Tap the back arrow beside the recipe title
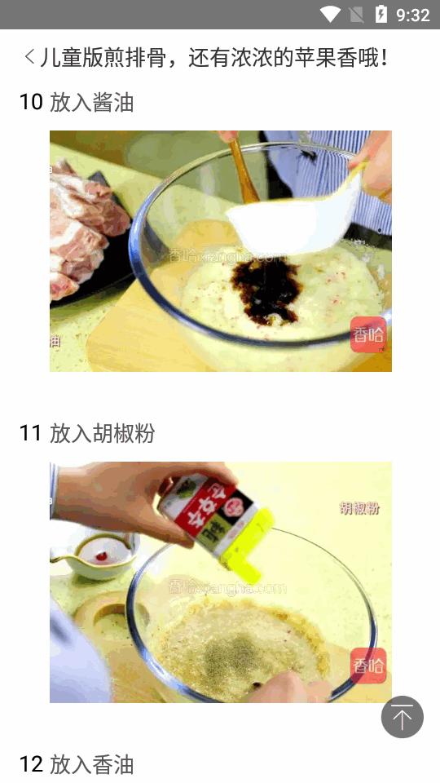click(x=29, y=57)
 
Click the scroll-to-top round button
click(x=402, y=717)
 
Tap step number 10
click(x=31, y=103)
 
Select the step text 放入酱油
click(x=91, y=103)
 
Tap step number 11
click(x=30, y=434)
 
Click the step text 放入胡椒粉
click(x=102, y=434)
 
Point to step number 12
click(x=31, y=764)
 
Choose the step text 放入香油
click(x=91, y=764)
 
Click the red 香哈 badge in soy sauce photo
click(x=367, y=334)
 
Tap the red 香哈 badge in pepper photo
click(x=367, y=666)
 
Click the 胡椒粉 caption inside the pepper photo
click(x=359, y=508)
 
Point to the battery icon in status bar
click(x=381, y=15)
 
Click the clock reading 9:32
click(x=412, y=15)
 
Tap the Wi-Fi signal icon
click(x=330, y=15)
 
